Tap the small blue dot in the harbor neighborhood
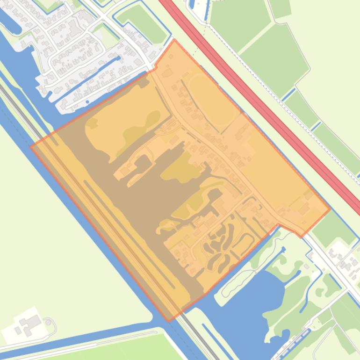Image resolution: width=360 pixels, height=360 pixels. click(87, 102)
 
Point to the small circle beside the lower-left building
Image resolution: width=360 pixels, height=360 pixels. click(48, 322)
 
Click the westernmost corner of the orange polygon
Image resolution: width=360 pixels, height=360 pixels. click(31, 147)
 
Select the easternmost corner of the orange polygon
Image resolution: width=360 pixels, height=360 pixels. click(330, 209)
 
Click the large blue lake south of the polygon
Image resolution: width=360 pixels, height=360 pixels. click(252, 304)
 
